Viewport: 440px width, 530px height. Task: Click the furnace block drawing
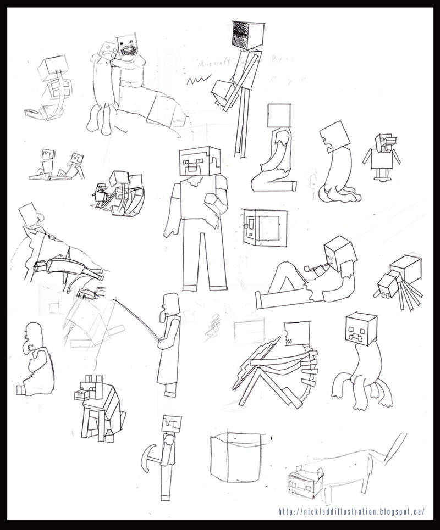pyautogui.click(x=262, y=226)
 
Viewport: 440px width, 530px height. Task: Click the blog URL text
pyautogui.click(x=351, y=511)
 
